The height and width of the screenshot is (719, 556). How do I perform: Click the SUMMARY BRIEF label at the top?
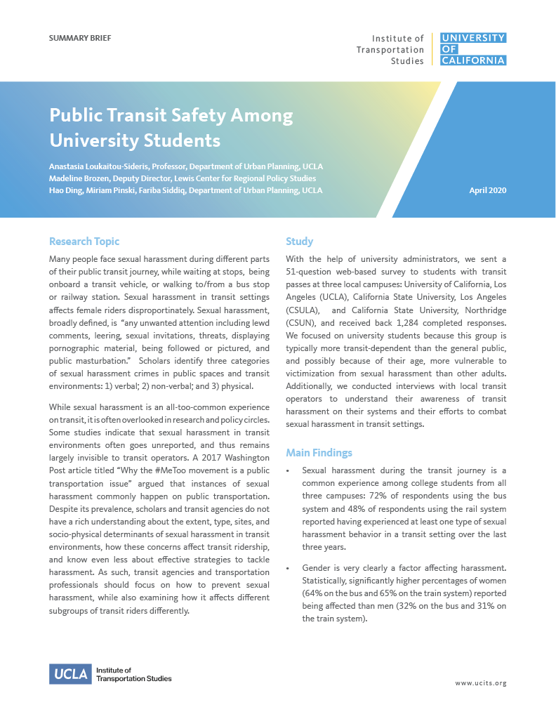pyautogui.click(x=80, y=38)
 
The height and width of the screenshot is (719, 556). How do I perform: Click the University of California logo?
pyautogui.click(x=473, y=49)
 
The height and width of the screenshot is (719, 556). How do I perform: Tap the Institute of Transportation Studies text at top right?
pyautogui.click(x=390, y=49)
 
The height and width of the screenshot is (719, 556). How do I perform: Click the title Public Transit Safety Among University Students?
pyautogui.click(x=171, y=127)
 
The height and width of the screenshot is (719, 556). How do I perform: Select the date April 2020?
pyautogui.click(x=487, y=190)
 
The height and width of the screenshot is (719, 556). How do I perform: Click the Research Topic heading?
pyautogui.click(x=84, y=242)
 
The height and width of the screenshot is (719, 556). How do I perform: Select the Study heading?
pyautogui.click(x=299, y=242)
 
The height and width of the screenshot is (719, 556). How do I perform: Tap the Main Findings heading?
pyautogui.click(x=319, y=453)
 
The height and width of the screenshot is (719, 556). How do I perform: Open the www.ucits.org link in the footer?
pyautogui.click(x=480, y=683)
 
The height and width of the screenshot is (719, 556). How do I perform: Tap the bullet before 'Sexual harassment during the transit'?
pyautogui.click(x=289, y=470)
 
